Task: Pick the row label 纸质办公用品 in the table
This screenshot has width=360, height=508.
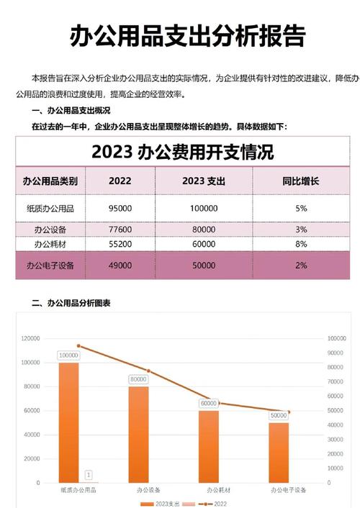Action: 50,208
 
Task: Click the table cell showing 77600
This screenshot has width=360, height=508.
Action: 120,230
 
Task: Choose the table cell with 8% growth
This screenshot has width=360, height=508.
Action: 301,245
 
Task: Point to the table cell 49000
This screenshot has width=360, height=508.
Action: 120,266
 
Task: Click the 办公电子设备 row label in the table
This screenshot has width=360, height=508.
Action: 50,266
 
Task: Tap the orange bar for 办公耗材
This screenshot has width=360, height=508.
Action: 209,446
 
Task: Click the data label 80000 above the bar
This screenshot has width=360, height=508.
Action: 139,379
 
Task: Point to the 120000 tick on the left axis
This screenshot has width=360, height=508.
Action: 30,338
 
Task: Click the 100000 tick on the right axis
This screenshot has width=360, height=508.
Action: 337,338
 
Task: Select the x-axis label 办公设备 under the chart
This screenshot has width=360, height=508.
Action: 139,490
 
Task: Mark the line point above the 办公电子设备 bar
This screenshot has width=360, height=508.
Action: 288,412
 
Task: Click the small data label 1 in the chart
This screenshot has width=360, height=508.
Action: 88,475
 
